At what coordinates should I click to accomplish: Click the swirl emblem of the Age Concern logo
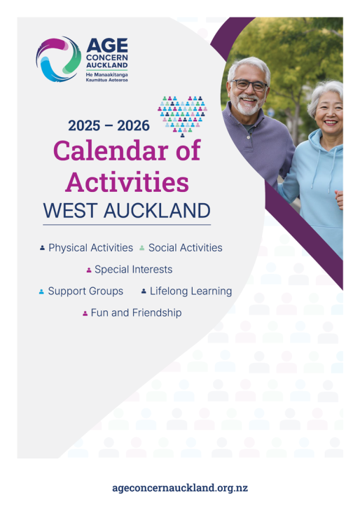(59, 59)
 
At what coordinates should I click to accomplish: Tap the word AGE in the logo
(107, 46)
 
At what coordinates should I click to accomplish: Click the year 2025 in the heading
(84, 125)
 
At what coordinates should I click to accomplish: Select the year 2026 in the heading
(133, 125)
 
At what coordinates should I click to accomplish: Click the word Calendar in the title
(111, 151)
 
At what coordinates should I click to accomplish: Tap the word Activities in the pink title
(127, 182)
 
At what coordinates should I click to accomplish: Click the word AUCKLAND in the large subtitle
(157, 210)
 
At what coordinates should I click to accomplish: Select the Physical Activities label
(91, 248)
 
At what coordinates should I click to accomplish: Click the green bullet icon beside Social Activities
(141, 248)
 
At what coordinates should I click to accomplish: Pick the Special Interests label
(133, 270)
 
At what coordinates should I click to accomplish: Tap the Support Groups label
(85, 291)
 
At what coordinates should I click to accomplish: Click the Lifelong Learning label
(191, 291)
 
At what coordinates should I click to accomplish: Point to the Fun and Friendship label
(137, 313)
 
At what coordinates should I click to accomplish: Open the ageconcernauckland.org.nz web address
(180, 488)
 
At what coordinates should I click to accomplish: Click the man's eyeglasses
(249, 85)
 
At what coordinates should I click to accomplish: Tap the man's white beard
(248, 106)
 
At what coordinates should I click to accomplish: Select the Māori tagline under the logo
(107, 77)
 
